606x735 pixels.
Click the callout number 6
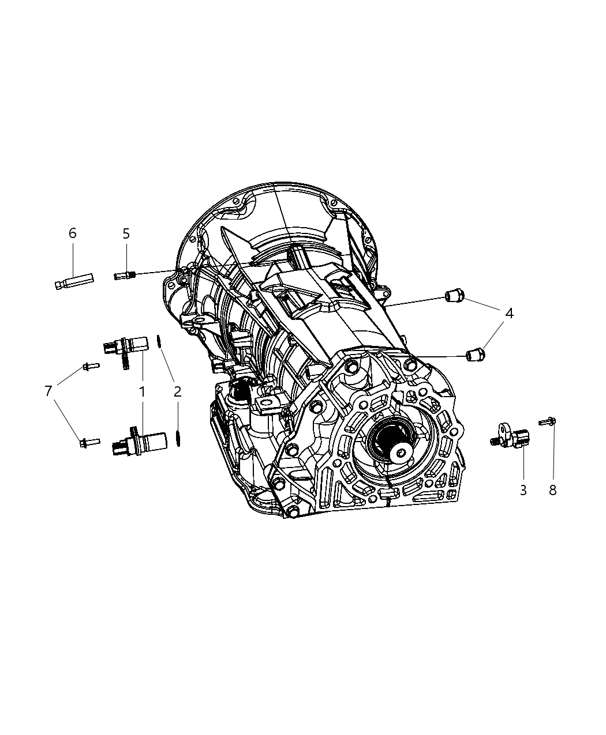coord(72,233)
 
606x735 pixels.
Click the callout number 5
coord(126,233)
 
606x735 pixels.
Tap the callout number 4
coord(509,314)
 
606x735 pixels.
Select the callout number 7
coord(48,391)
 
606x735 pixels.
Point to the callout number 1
coord(141,391)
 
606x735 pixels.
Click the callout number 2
coord(177,391)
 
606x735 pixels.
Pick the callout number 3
coord(523,491)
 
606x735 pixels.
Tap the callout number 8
coord(552,491)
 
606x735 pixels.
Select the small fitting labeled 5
coord(124,275)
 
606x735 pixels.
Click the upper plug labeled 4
coord(454,296)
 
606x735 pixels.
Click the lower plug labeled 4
coord(475,354)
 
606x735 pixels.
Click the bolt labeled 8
coord(548,422)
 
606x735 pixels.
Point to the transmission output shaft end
coord(398,453)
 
